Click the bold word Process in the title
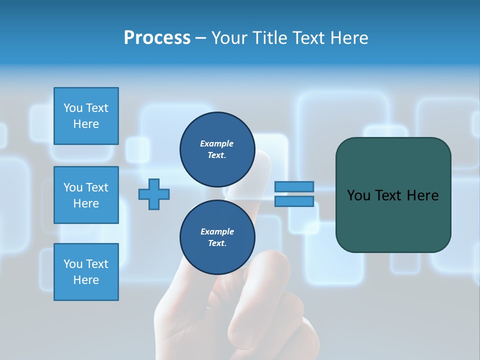click(157, 38)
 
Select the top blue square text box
click(86, 116)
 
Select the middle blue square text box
click(86, 195)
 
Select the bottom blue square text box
click(86, 272)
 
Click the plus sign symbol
click(154, 194)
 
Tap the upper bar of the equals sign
click(294, 187)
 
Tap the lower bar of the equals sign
click(294, 201)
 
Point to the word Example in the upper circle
click(217, 143)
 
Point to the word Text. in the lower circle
click(217, 243)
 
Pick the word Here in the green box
click(422, 195)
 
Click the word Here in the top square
click(86, 124)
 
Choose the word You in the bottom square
click(73, 263)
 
